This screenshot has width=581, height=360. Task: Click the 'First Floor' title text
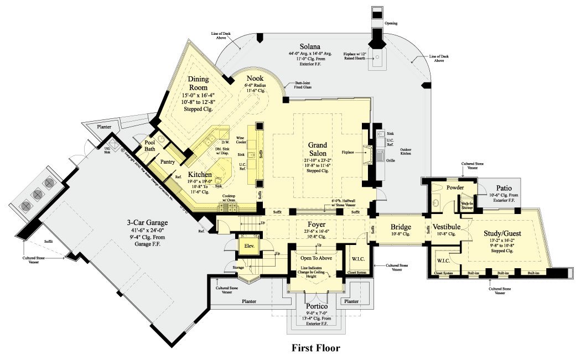pos(316,348)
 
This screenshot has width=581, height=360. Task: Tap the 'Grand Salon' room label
pos(318,149)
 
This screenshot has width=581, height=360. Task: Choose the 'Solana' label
pos(309,45)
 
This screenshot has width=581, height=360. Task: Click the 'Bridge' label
pos(400,227)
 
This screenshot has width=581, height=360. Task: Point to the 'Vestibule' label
pos(447,227)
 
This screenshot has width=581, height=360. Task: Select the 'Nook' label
pos(255,79)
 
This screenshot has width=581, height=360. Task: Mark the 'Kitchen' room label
pos(200,175)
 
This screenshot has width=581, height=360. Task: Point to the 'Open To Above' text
pos(315,258)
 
